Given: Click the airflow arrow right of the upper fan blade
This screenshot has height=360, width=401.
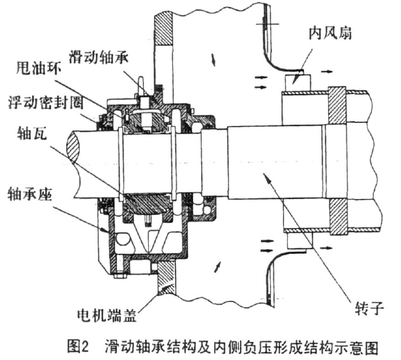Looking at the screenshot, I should point(326,71).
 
